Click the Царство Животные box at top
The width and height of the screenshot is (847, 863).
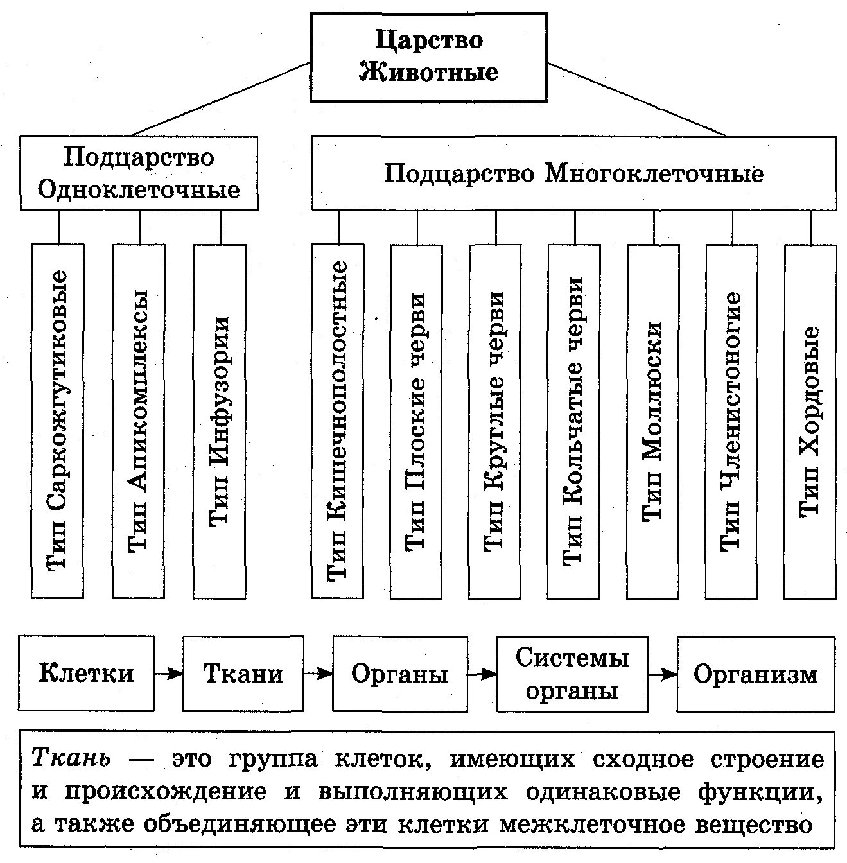click(x=429, y=57)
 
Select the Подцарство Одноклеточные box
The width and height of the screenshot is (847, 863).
click(x=139, y=173)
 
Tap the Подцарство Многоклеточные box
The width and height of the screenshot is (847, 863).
click(x=573, y=173)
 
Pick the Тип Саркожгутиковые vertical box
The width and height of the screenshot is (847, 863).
click(x=58, y=421)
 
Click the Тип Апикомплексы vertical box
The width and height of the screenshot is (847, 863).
click(x=139, y=421)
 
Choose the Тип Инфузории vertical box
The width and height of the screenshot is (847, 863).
click(x=220, y=421)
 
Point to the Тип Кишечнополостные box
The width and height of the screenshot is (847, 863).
click(x=338, y=421)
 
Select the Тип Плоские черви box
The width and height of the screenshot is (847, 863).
click(x=416, y=421)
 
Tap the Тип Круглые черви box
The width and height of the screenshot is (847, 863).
click(x=495, y=421)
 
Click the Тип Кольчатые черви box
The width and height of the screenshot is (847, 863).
click(x=574, y=421)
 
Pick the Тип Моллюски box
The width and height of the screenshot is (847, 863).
click(x=652, y=421)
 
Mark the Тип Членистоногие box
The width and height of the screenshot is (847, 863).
click(x=731, y=421)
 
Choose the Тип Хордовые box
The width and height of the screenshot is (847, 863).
click(x=810, y=421)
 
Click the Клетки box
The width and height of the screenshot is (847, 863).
click(x=86, y=674)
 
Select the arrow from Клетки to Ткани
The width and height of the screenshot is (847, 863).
click(x=168, y=674)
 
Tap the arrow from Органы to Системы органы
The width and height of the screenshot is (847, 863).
click(x=482, y=674)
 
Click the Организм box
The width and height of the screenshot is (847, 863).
click(x=756, y=674)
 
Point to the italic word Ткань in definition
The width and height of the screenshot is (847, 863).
click(x=71, y=758)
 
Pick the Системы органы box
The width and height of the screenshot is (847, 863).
click(x=572, y=674)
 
